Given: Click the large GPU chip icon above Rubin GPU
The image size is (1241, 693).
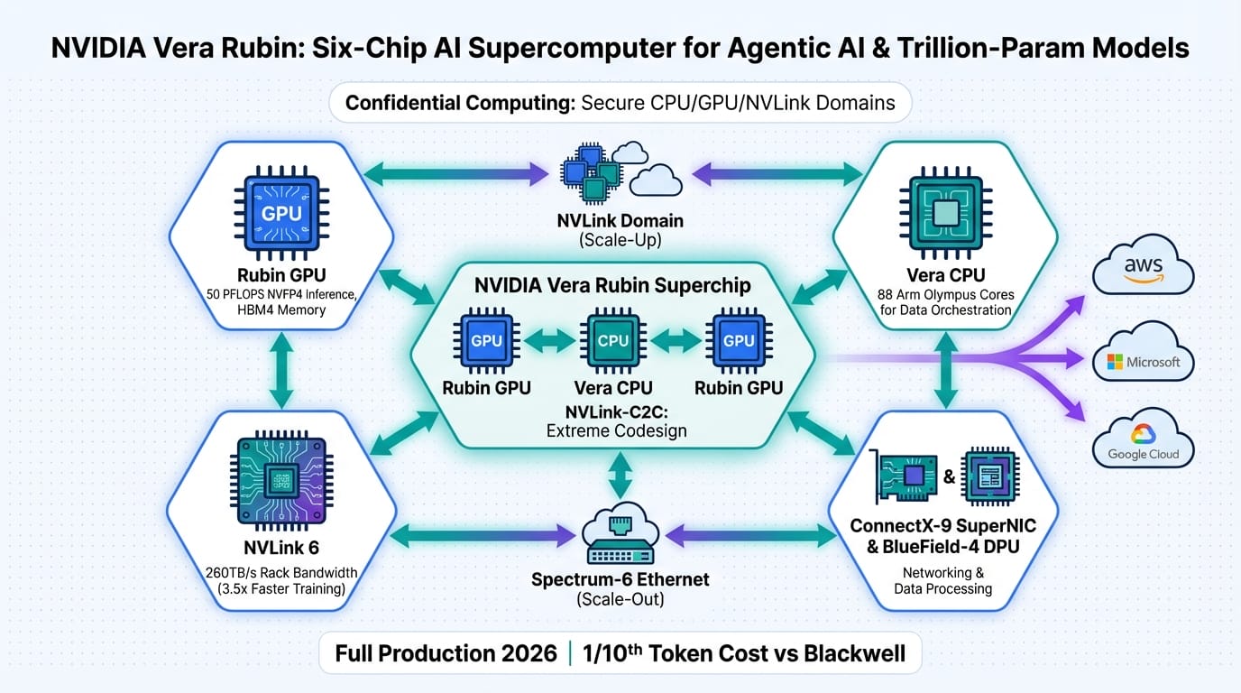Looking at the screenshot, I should (280, 214).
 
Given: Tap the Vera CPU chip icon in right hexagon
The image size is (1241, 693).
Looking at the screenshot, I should (945, 213).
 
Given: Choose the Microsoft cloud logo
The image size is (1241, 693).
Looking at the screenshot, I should (1143, 362).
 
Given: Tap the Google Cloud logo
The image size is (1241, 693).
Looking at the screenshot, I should (1143, 439).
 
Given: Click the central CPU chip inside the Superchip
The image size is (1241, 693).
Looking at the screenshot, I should (613, 341).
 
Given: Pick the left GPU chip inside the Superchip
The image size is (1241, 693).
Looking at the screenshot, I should (487, 341).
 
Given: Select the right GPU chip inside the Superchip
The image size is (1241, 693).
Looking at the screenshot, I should (739, 341).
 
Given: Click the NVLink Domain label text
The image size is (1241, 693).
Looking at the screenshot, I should (621, 221).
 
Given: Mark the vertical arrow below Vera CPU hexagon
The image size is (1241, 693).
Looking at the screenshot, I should (944, 369).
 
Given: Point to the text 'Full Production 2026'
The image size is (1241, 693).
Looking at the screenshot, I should (446, 653).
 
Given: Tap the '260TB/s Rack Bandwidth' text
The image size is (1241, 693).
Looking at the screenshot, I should (281, 573).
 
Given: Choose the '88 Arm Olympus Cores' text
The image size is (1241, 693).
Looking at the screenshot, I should (945, 294).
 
